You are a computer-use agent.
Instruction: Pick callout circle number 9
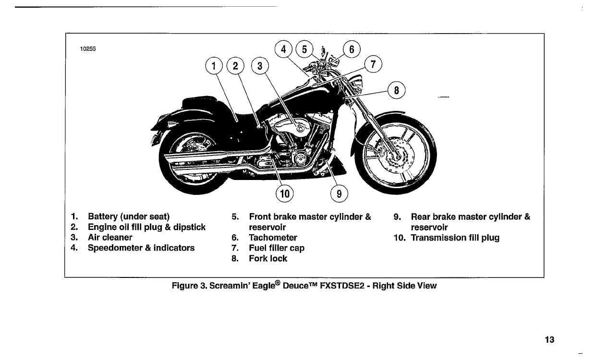(x=339, y=193)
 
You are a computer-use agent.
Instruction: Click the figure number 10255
(x=88, y=48)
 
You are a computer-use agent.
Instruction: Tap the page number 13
(x=549, y=340)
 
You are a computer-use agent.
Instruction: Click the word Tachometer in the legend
(x=273, y=238)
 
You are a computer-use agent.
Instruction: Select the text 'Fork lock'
(x=268, y=259)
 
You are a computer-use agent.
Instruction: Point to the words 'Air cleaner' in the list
(x=110, y=238)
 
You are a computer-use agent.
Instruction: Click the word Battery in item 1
(x=103, y=216)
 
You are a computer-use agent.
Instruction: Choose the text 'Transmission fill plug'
(x=455, y=238)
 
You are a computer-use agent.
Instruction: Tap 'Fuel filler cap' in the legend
(x=277, y=248)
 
